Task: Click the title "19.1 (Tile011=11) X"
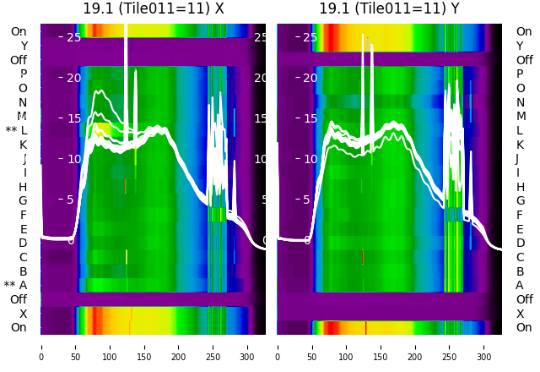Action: click(x=154, y=8)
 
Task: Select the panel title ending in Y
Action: click(x=389, y=8)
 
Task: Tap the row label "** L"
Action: click(x=16, y=130)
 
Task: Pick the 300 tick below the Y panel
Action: click(x=484, y=347)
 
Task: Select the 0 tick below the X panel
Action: click(x=40, y=347)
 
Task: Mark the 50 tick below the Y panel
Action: click(x=311, y=347)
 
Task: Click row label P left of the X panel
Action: click(x=23, y=74)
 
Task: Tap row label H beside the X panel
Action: click(x=23, y=187)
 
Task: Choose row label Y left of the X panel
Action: click(x=23, y=46)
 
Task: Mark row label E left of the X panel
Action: click(x=23, y=229)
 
